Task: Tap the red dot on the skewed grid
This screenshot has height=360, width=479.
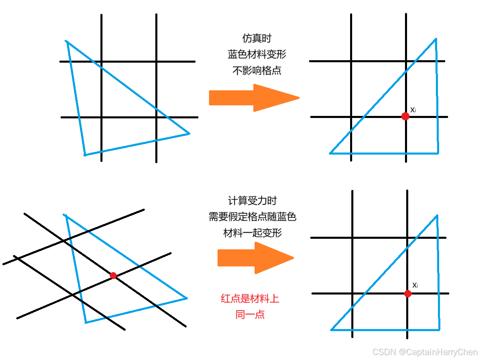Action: pos(113,275)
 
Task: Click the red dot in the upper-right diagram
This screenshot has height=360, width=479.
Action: pos(405,116)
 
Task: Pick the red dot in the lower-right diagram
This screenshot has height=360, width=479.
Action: pos(407,293)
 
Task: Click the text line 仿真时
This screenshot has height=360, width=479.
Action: pos(257,39)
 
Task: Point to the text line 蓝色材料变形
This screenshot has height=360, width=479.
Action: pos(257,55)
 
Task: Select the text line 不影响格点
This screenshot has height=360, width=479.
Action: pos(257,70)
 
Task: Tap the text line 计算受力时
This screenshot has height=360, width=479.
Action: pos(253,201)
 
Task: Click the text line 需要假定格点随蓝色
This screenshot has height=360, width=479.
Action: pos(253,216)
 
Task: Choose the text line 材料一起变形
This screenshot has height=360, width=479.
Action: pos(253,233)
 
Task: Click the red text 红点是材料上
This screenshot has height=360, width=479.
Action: pos(250,299)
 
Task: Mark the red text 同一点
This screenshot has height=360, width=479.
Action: pos(250,314)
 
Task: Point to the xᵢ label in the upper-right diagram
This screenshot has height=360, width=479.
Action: pos(413,109)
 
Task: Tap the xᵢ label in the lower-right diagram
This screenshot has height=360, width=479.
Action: pos(415,285)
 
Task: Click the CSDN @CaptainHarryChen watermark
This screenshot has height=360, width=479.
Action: pos(425,352)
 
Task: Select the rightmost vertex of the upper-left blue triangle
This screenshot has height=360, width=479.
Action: pos(189,133)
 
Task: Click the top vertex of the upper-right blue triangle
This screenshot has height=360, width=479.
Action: pos(436,39)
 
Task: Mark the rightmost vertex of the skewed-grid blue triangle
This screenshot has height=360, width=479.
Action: pos(187,298)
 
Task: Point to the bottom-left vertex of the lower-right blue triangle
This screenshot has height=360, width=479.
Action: pos(331,329)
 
